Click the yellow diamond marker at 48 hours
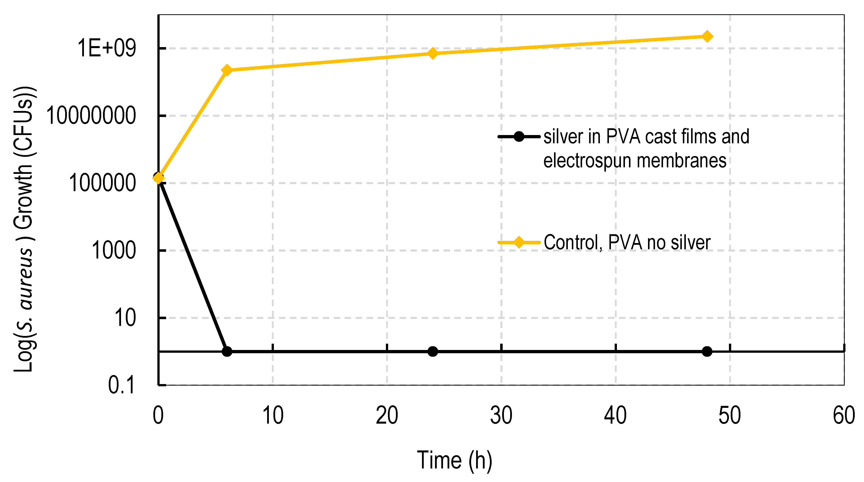(707, 36)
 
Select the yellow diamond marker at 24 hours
(433, 53)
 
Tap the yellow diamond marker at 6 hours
(227, 70)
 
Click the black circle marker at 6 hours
(227, 351)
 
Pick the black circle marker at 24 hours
(433, 351)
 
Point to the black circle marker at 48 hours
(707, 351)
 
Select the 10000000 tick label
(91, 116)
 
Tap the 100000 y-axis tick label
(102, 183)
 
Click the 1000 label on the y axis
(113, 250)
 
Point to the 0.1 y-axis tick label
(122, 385)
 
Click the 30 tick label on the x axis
(501, 415)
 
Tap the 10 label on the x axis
(273, 415)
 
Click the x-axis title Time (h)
(455, 460)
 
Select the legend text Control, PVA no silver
(626, 242)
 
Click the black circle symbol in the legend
(519, 137)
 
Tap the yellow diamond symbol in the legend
(519, 242)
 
